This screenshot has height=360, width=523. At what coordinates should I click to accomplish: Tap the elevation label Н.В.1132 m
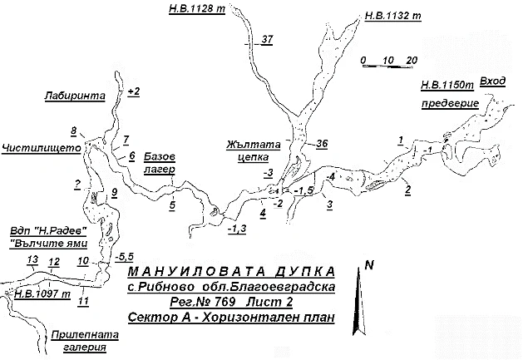click(394, 15)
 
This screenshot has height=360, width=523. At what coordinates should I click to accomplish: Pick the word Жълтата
click(248, 142)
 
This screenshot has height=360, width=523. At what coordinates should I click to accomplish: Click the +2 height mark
click(134, 90)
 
